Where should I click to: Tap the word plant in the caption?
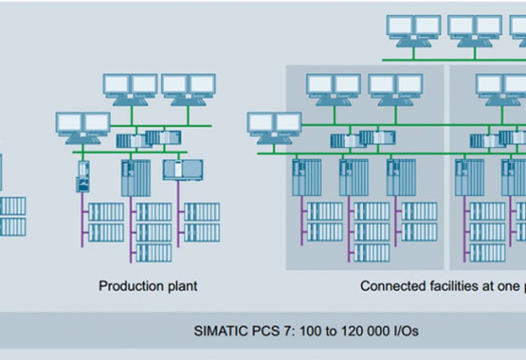pos(181,286)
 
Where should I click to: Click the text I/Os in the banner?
pos(405,331)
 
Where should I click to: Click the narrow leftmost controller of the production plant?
pos(83,176)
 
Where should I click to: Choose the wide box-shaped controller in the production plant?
pos(183,169)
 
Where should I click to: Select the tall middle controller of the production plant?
pos(136,177)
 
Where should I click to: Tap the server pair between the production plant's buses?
pos(148,138)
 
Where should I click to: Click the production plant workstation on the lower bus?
pos(83,126)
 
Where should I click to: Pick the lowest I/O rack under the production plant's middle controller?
pos(154,253)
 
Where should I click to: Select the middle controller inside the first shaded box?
pos(354,177)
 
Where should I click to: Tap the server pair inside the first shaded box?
pos(363,138)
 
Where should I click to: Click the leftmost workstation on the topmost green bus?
pos(414,29)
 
